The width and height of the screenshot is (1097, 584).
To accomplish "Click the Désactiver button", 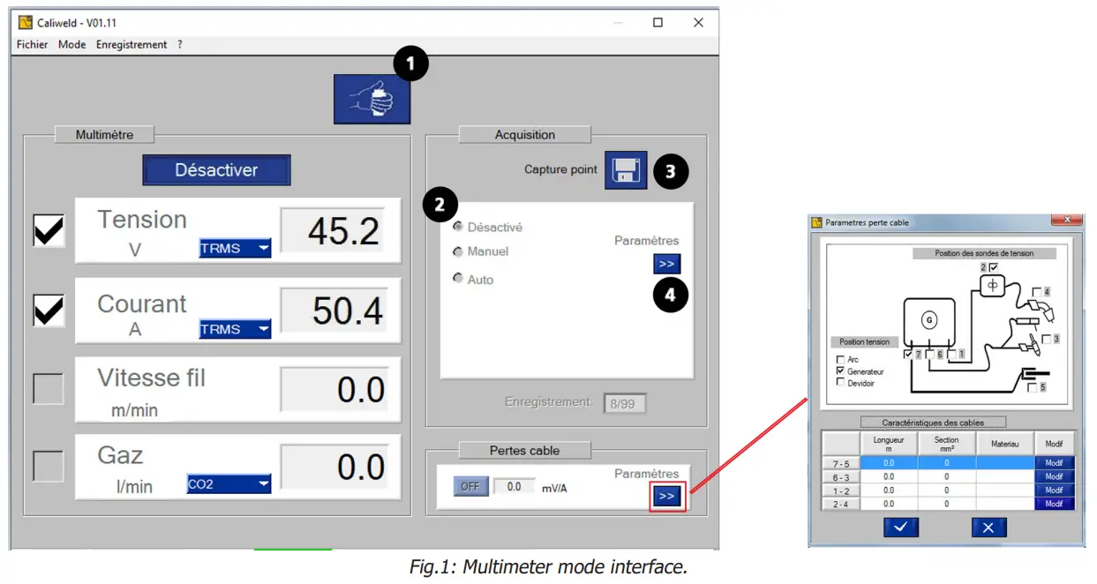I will (x=216, y=170).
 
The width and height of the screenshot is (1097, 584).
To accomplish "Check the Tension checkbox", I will (x=49, y=230).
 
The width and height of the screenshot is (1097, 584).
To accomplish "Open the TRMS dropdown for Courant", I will (x=235, y=329).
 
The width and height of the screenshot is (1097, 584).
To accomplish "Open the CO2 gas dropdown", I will (x=229, y=483).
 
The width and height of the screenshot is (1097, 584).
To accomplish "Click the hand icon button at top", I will (x=372, y=99).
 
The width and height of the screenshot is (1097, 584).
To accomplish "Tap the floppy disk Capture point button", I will (x=625, y=170).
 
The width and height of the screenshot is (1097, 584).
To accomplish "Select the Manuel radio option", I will (x=458, y=252).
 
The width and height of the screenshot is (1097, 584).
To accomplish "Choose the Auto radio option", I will (x=458, y=279).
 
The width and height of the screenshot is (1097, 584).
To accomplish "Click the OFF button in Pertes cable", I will (x=470, y=486).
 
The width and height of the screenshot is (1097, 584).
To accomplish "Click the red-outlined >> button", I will (x=666, y=496).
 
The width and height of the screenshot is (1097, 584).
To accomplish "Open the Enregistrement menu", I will (x=131, y=44).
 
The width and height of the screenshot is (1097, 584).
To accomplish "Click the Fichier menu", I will (x=33, y=44).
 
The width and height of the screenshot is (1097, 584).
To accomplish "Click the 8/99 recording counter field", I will (x=625, y=404).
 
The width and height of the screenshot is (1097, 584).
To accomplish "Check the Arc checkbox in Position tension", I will (x=839, y=360).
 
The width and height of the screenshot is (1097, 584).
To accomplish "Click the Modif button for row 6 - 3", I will (x=1054, y=476).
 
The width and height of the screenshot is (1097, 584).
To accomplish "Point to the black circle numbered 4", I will (x=671, y=295).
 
